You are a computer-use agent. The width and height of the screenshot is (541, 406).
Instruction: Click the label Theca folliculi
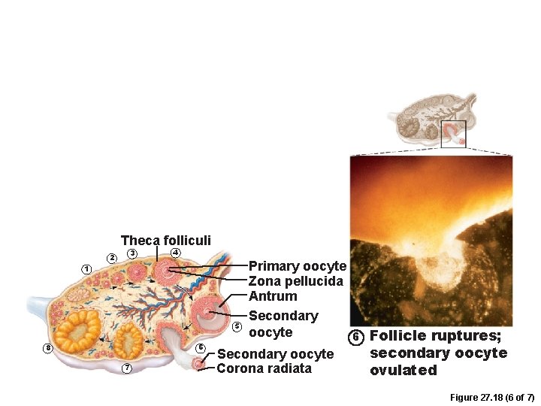point(165,241)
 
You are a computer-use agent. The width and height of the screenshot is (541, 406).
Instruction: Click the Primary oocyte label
point(297,266)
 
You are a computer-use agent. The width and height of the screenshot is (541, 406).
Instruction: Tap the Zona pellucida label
point(295,281)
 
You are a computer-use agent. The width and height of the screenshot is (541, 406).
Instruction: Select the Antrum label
point(273,296)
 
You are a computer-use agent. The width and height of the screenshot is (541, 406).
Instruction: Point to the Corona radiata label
point(264,368)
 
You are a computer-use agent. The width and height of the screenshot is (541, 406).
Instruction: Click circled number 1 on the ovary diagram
point(86,269)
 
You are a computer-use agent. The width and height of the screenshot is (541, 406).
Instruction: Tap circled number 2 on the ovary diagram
point(112,258)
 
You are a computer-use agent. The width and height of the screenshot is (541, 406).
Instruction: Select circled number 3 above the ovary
point(131,254)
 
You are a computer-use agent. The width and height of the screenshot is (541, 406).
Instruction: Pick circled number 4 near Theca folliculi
point(175,252)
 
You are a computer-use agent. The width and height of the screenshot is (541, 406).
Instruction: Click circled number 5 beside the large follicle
point(236,326)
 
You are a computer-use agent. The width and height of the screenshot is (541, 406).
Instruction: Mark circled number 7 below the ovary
point(127,368)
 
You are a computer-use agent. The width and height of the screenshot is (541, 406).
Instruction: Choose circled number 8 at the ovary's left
point(48,348)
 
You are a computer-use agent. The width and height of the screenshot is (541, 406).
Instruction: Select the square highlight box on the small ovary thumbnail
point(453,134)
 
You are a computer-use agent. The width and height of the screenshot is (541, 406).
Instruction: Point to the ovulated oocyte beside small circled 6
point(198,364)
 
